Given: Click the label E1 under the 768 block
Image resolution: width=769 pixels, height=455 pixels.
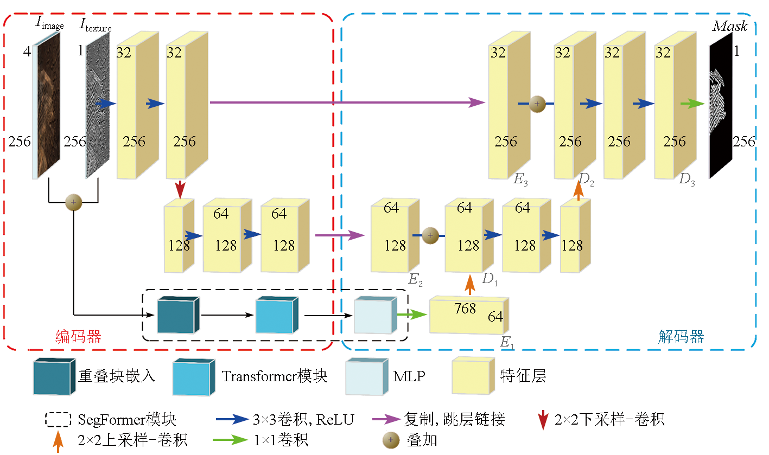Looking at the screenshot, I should (x=506, y=342).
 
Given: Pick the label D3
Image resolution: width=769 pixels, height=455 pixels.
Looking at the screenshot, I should (x=687, y=178).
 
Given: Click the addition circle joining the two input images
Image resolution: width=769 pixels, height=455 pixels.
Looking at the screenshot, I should (x=73, y=202).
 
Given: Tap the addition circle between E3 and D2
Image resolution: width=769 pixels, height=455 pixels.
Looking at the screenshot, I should (x=537, y=104).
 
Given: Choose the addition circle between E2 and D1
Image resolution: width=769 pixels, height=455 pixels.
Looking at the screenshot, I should (x=429, y=235).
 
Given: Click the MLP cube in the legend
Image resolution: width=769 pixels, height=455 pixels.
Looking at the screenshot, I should (x=367, y=376).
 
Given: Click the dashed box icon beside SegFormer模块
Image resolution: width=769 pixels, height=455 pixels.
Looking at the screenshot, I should (x=58, y=419).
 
